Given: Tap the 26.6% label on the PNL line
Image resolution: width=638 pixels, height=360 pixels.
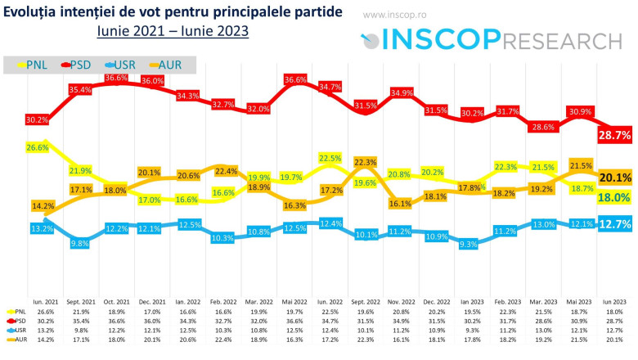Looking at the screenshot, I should pos(37,147).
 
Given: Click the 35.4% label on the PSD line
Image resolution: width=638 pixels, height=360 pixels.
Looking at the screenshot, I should pos(80,89).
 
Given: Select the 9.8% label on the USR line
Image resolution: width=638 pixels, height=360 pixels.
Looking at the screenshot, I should pos(80,243).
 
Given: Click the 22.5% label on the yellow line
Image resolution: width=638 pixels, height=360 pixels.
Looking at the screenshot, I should pos(330,158).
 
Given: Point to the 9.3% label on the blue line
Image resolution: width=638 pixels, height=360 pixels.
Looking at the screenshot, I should pos(470,243).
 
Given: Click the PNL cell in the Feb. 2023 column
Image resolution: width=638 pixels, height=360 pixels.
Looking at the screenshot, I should pos(508,312).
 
